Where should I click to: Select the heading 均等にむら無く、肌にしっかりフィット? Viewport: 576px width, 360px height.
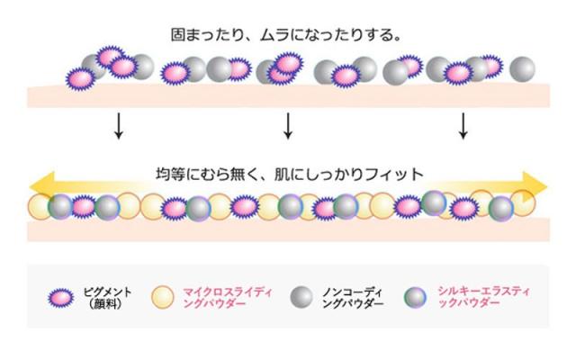click(x=289, y=173)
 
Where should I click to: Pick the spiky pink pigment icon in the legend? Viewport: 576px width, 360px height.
click(x=60, y=298)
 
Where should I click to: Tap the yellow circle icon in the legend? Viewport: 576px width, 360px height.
click(x=162, y=298)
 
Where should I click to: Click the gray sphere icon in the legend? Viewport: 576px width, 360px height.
click(x=302, y=298)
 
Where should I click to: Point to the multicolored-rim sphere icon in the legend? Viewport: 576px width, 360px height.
click(x=415, y=298)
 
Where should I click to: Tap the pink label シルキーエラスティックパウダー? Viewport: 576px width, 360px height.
click(x=472, y=298)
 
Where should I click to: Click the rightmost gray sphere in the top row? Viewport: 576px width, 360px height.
click(x=521, y=67)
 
